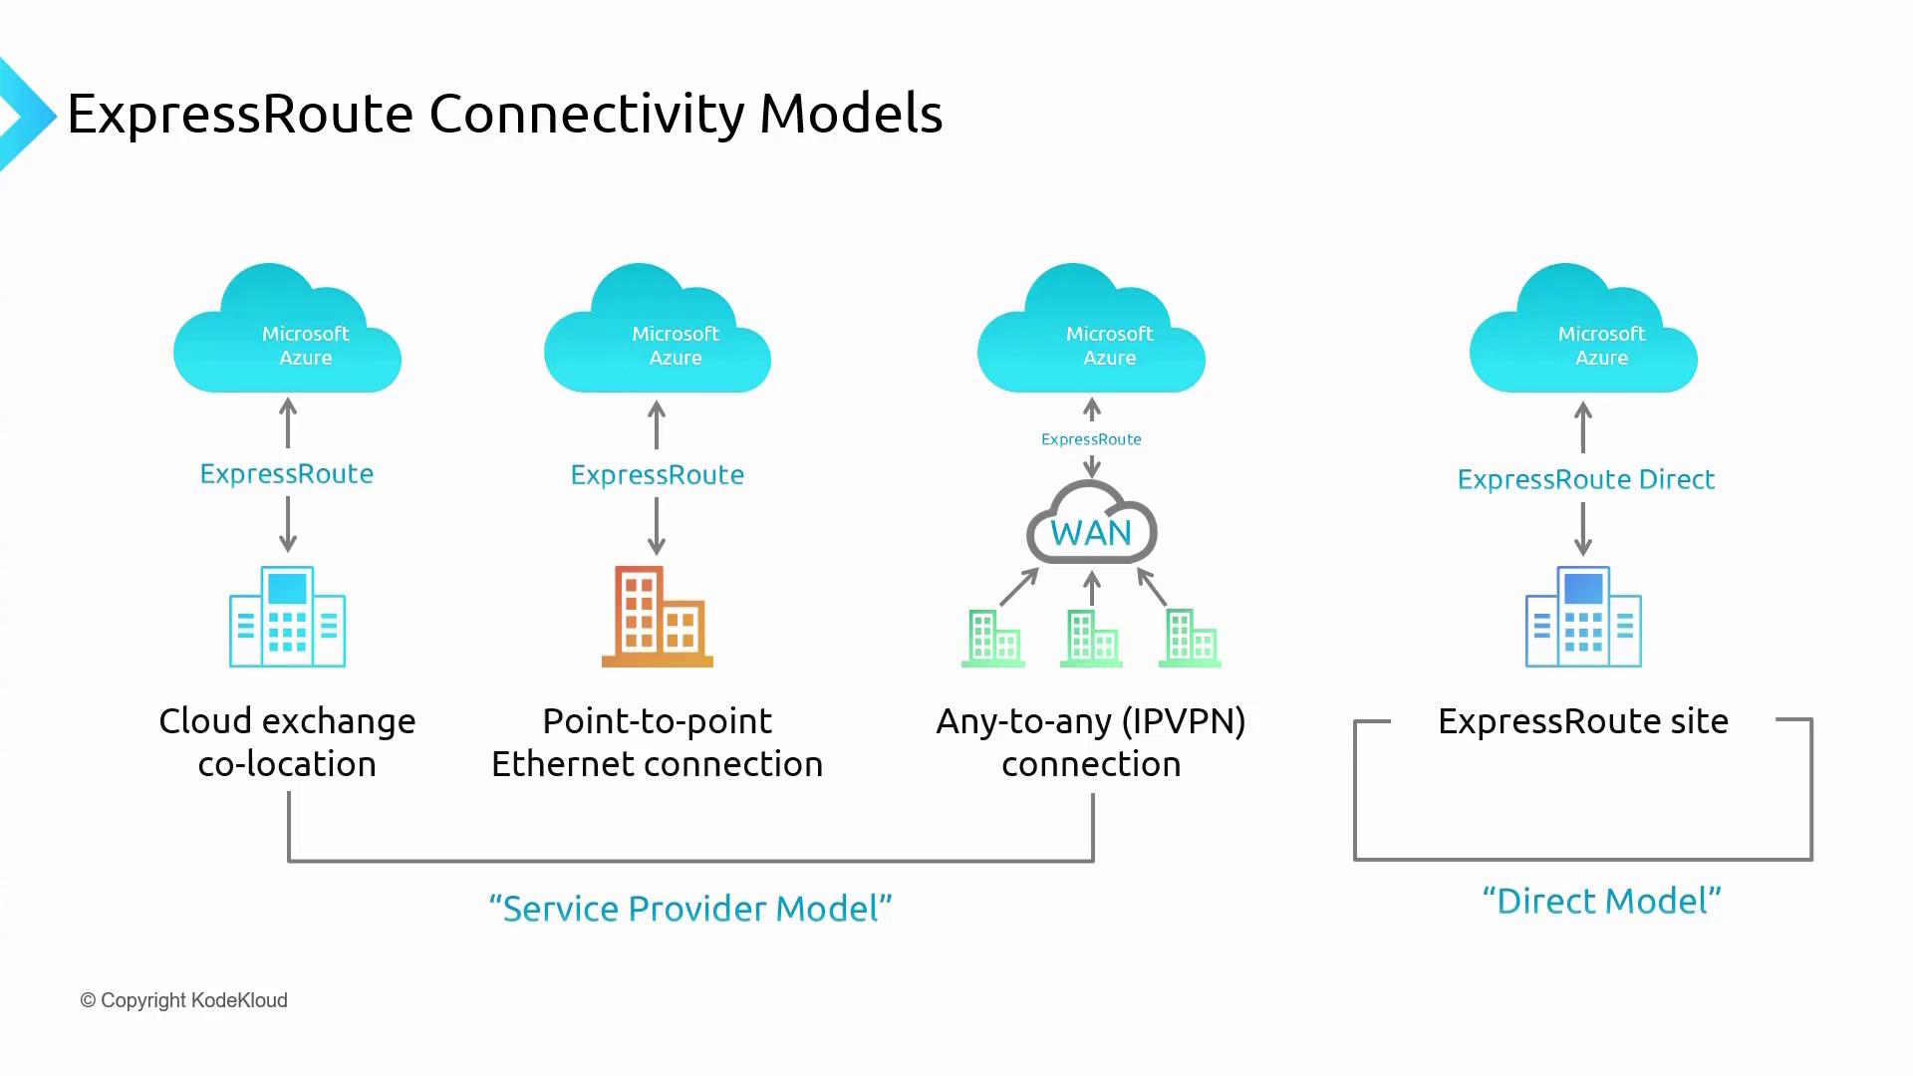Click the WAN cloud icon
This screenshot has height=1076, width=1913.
point(1091,525)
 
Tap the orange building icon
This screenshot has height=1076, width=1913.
point(657,617)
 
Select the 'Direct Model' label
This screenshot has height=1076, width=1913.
point(1601,901)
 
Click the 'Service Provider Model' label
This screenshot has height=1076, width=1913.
point(690,908)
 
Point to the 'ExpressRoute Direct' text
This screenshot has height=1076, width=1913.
point(1585,479)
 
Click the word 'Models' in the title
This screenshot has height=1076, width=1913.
point(850,113)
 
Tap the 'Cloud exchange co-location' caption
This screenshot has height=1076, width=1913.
point(287,742)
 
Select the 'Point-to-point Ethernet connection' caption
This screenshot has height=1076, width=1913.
point(657,742)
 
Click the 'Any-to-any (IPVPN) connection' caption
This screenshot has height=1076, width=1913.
point(1091,742)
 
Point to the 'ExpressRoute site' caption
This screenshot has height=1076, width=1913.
point(1582,720)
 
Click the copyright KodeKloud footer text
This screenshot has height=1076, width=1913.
point(183,1000)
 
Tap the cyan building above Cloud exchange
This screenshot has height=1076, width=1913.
point(287,617)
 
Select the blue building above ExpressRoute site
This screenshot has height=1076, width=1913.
point(1583,617)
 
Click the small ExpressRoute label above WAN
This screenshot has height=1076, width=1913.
point(1091,439)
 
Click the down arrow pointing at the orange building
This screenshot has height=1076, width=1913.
point(657,526)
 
